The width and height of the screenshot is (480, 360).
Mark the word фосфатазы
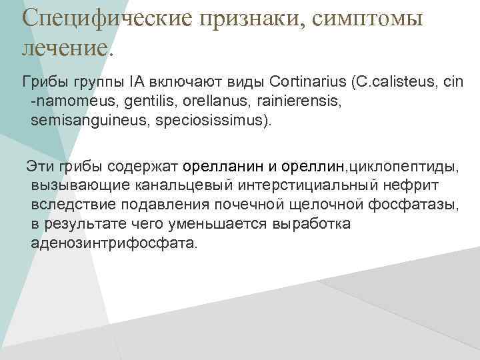pos(423,205)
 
